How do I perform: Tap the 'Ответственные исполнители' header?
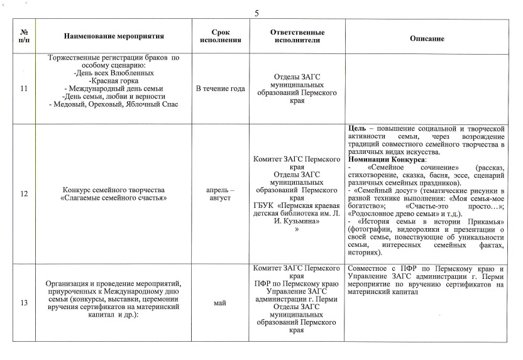[297, 36]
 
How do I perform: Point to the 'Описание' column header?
[427, 38]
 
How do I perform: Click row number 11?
[24, 89]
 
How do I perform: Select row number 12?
[24, 194]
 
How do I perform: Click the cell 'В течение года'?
[220, 89]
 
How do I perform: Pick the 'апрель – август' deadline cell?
[220, 194]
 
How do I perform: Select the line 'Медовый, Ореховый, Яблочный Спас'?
[116, 104]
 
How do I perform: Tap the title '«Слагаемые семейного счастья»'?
[113, 198]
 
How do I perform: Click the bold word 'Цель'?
[357, 129]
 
